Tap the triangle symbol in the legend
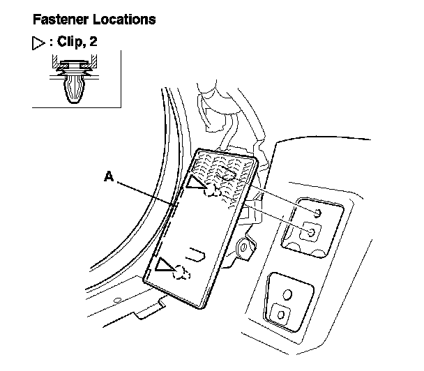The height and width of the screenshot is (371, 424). tap(38, 44)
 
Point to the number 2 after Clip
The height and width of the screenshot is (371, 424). tap(93, 43)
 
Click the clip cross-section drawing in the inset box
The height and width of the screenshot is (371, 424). tap(74, 81)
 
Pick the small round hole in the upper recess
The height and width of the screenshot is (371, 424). tap(318, 212)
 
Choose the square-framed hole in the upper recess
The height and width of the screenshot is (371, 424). tap(312, 232)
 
